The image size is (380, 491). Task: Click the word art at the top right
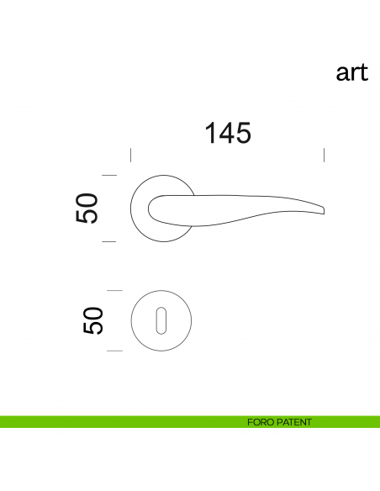(352, 73)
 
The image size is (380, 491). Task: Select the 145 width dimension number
(227, 133)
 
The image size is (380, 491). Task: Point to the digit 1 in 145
(209, 133)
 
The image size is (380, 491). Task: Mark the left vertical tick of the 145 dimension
(130, 155)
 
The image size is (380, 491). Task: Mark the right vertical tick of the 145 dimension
(325, 155)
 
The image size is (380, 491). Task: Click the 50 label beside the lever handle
(88, 209)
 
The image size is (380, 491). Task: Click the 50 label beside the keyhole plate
(93, 320)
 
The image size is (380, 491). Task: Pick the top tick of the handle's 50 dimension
(108, 175)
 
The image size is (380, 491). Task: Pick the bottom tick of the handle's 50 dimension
(108, 241)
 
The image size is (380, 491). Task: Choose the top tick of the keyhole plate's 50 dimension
(114, 290)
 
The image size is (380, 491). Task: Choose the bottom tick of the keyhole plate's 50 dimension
(114, 349)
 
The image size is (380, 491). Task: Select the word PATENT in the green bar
(293, 422)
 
